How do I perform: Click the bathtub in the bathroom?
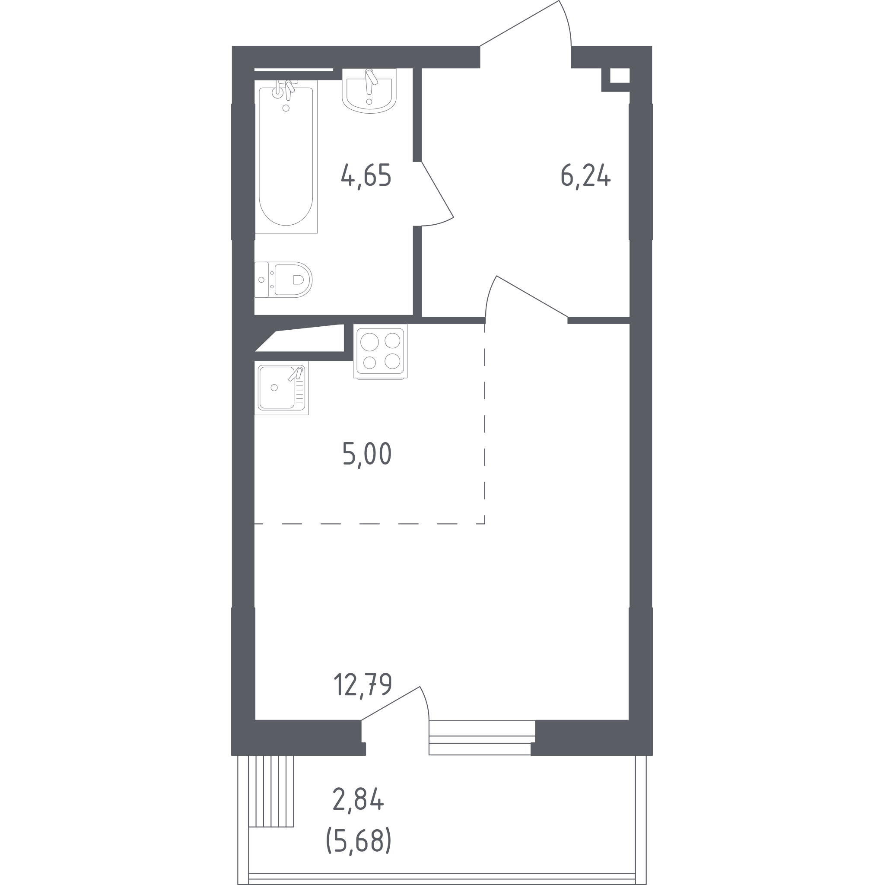(286, 157)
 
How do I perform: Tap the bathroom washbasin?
(369, 91)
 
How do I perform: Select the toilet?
(283, 280)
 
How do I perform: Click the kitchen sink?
(281, 388)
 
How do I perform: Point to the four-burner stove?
(380, 351)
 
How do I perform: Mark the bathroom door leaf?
(437, 190)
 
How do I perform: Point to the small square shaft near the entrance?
(620, 76)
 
